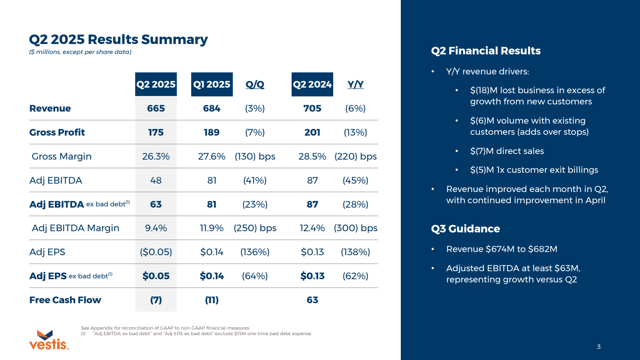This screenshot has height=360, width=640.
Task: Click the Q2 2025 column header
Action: (x=156, y=84)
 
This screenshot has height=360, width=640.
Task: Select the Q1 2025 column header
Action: (x=212, y=84)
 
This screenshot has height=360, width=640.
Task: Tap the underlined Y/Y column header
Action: (x=355, y=84)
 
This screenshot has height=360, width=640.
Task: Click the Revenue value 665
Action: (x=156, y=108)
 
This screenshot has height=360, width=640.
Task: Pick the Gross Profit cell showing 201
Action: (x=312, y=132)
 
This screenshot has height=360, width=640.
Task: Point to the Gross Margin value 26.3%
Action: (x=156, y=156)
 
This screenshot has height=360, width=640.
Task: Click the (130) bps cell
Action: (x=255, y=156)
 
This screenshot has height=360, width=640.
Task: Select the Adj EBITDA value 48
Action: (x=156, y=180)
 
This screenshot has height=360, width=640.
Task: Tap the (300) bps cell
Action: (x=356, y=228)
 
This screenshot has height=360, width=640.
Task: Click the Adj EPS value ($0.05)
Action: (x=156, y=252)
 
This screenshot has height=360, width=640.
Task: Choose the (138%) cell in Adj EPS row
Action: (x=355, y=252)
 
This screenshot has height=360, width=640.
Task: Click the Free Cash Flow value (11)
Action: (x=212, y=300)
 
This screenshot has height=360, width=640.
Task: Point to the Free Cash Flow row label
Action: (x=65, y=300)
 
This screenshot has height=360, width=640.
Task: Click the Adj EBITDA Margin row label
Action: (x=75, y=228)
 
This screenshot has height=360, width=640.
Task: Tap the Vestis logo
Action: (x=48, y=340)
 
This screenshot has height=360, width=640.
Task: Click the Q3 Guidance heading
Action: (x=465, y=229)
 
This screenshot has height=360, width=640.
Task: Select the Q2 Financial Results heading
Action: (x=486, y=51)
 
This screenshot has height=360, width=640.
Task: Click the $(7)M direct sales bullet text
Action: (x=507, y=151)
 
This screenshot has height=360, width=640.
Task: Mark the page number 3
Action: (x=599, y=347)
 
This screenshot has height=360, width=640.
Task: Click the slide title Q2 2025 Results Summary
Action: (x=118, y=39)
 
